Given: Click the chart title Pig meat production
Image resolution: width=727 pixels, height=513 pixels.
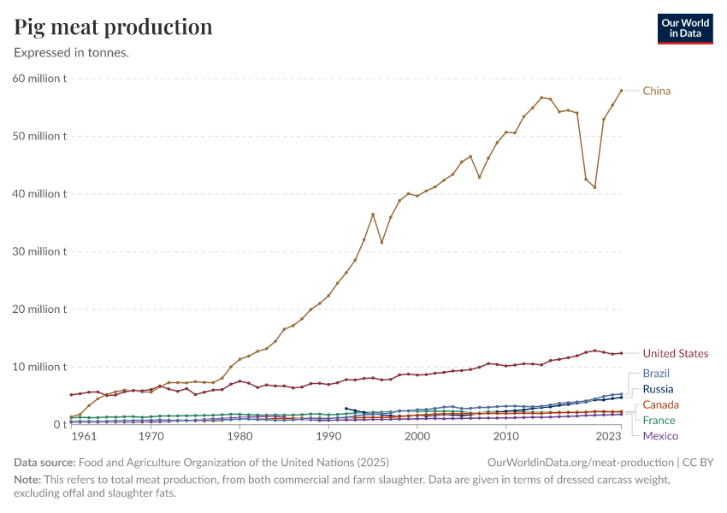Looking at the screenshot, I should [x=113, y=27].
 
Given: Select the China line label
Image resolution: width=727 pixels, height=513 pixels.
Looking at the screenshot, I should [x=657, y=91].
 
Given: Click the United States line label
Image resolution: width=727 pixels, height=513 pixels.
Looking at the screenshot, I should [x=676, y=353].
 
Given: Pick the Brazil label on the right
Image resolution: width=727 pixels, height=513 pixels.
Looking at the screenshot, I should [x=656, y=374].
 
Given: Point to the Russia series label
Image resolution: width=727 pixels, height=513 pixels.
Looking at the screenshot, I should [x=658, y=389].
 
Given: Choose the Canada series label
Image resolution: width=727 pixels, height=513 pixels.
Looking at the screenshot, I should [x=661, y=404].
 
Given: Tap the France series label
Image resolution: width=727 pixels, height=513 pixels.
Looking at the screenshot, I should [x=659, y=421].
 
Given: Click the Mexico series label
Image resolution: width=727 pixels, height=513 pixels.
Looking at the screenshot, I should [x=660, y=436].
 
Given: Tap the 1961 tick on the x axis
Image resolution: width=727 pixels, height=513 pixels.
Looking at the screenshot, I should [x=84, y=436].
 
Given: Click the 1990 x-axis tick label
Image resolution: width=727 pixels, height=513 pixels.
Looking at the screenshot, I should [x=328, y=436].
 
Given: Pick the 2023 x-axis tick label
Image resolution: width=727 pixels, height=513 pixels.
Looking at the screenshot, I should [x=608, y=436].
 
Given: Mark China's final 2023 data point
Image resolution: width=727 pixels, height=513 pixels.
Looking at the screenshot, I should [x=621, y=91].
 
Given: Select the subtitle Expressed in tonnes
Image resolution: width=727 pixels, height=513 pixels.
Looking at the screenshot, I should [x=71, y=52].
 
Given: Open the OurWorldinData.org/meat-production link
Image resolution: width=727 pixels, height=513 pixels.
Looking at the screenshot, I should [x=580, y=463].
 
